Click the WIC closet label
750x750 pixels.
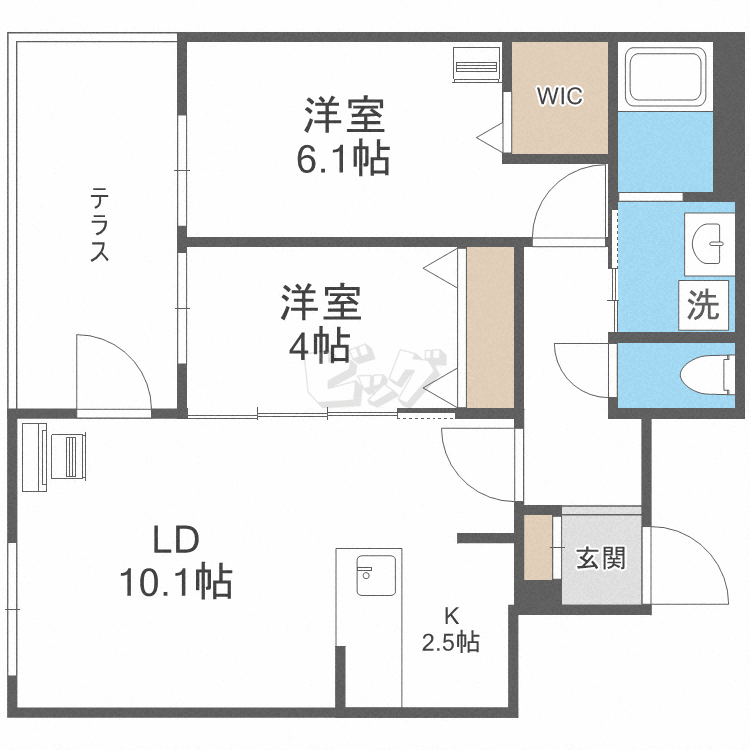[559, 97]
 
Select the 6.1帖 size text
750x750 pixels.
[343, 157]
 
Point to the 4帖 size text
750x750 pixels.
[319, 345]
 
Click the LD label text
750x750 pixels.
[176, 541]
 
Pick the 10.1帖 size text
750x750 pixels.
[176, 581]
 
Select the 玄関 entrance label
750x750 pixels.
[600, 558]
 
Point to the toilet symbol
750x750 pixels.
[706, 376]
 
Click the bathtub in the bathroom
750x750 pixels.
[665, 76]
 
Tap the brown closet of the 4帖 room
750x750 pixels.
[490, 327]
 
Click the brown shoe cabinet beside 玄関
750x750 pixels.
[538, 546]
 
